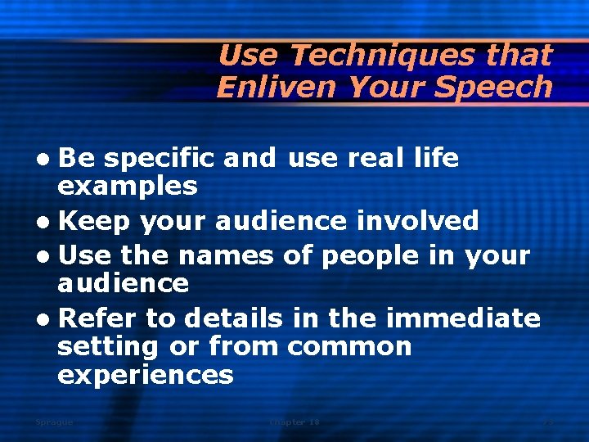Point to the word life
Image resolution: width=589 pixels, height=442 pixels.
pyautogui.click(x=433, y=157)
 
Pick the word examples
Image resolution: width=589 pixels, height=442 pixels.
pyautogui.click(x=127, y=187)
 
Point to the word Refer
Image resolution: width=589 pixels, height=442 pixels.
pyautogui.click(x=100, y=318)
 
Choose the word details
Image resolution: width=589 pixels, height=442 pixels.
pyautogui.click(x=233, y=318)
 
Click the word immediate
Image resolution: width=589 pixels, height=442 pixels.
pyautogui.click(x=465, y=318)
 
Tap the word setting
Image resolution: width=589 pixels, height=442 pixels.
pyautogui.click(x=108, y=347)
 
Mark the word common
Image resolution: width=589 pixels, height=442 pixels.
pyautogui.click(x=349, y=346)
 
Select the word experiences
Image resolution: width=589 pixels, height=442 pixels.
pyautogui.click(x=145, y=376)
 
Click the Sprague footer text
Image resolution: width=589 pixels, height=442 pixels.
pyautogui.click(x=54, y=422)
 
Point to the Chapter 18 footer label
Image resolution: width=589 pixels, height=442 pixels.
pyautogui.click(x=294, y=422)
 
